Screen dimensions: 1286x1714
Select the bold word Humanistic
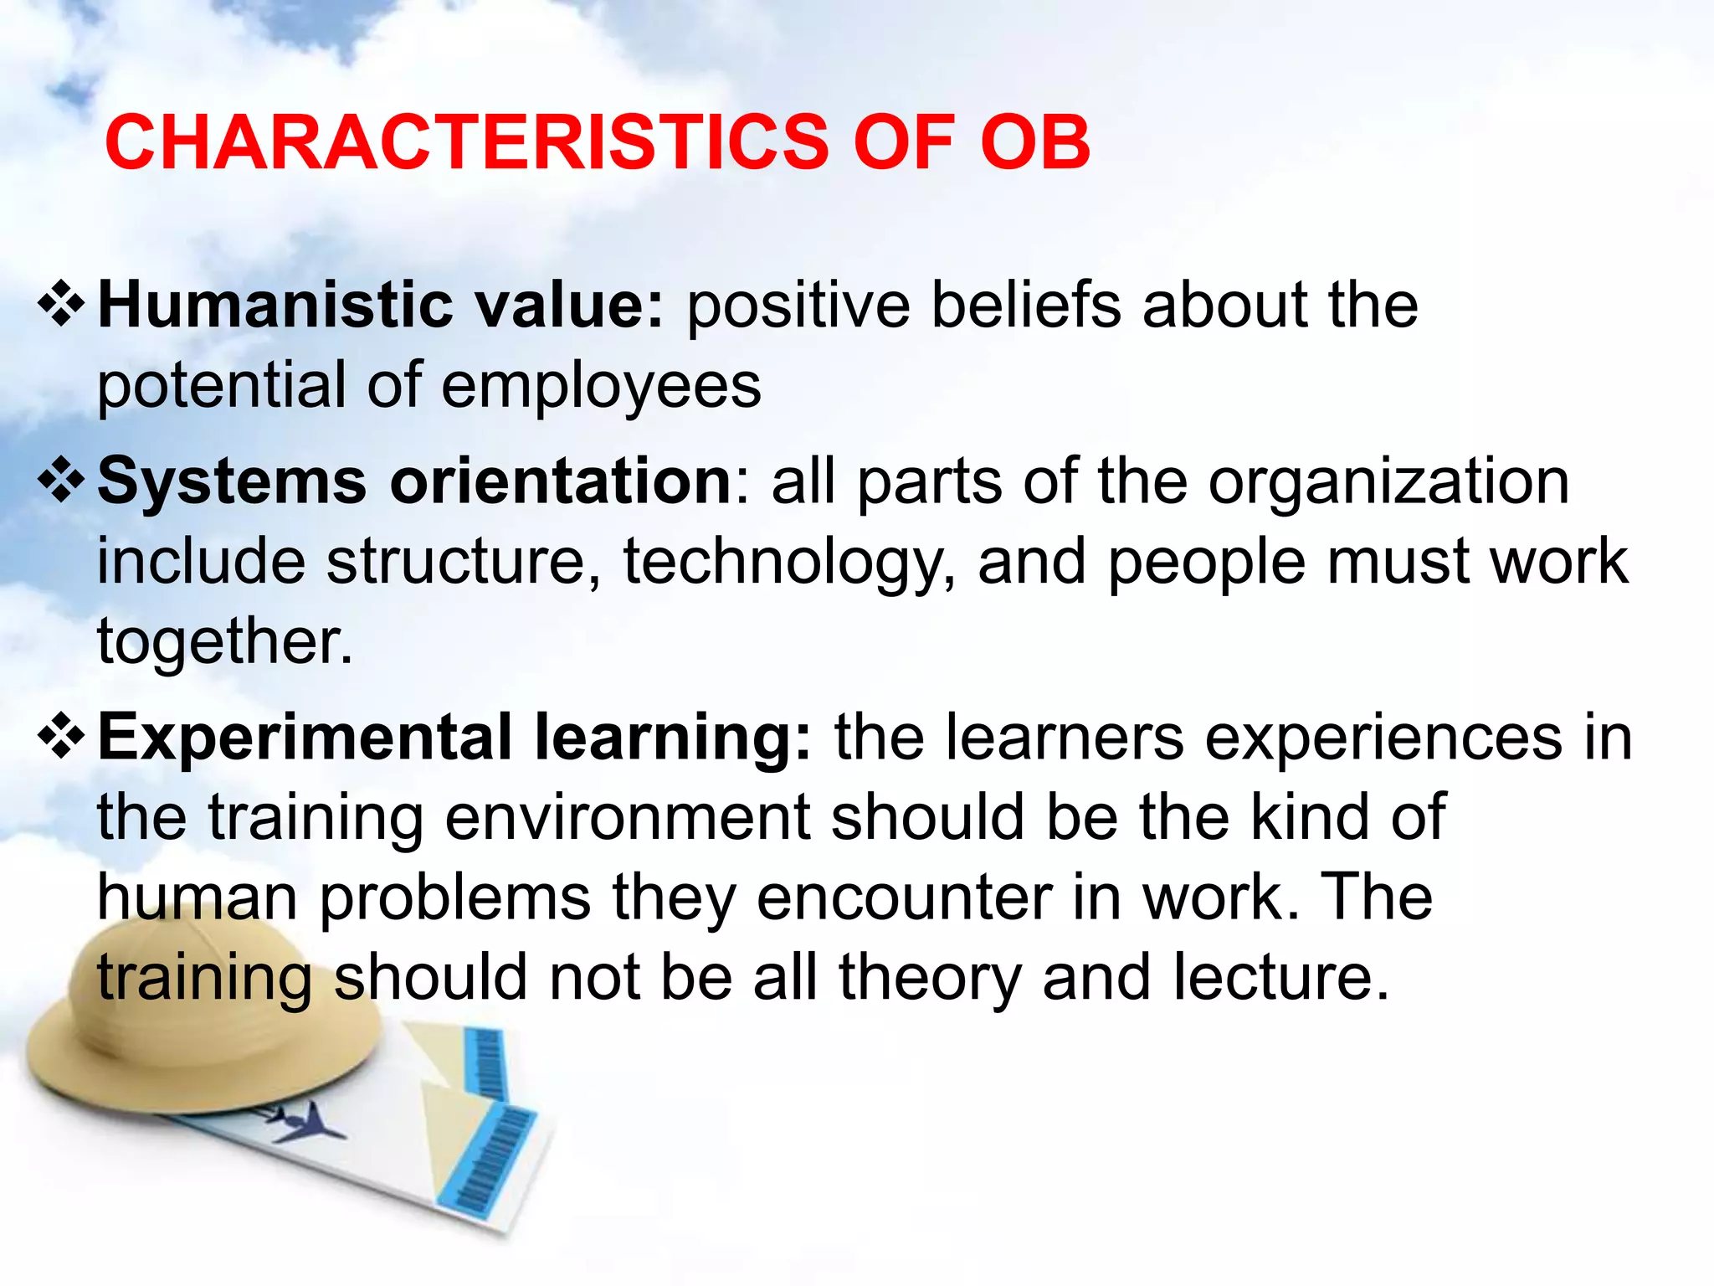276,305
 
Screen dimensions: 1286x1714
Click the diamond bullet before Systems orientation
62,482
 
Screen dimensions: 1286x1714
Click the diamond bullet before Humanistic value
62,306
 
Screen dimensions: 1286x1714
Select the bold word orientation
562,482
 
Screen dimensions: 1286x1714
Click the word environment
628,817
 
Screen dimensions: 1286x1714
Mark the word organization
1388,482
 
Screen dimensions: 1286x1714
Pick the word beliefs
1026,305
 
